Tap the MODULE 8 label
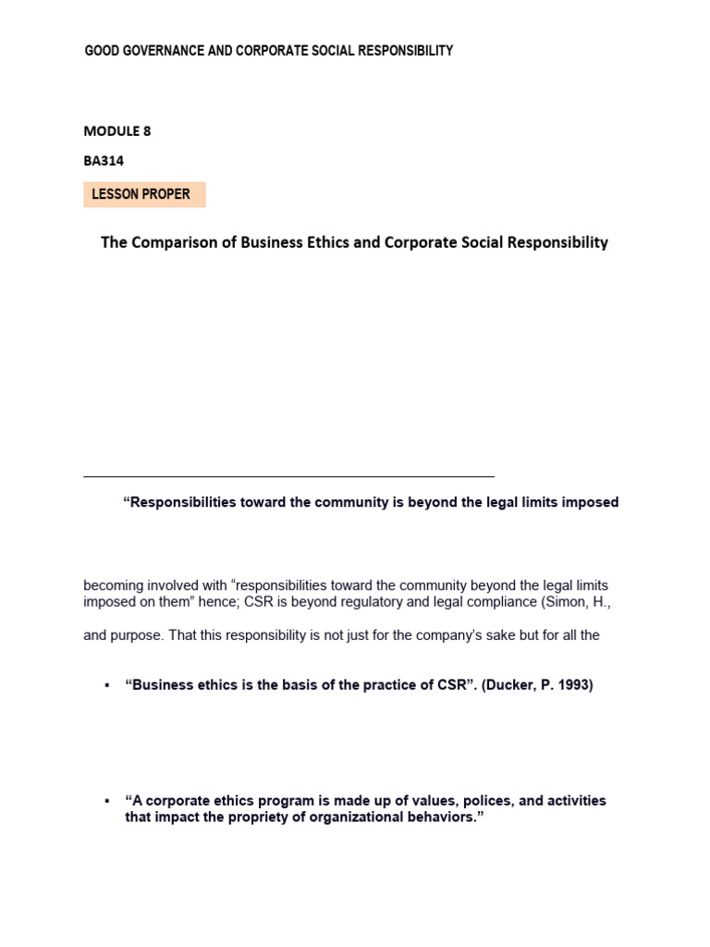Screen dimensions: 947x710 point(117,131)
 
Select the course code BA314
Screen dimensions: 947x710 point(104,161)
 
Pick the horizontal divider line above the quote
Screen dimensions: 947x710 point(288,477)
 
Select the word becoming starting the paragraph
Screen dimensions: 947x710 point(114,585)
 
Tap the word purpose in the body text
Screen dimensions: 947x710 point(138,635)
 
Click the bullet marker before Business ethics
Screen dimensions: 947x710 point(107,686)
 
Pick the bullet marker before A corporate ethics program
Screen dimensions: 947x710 point(107,801)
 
